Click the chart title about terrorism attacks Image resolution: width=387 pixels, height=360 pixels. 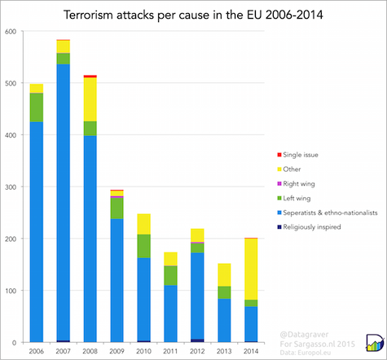(x=193, y=15)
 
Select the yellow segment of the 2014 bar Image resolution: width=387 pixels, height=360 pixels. (x=251, y=269)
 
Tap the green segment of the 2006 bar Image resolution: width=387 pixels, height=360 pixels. (x=37, y=108)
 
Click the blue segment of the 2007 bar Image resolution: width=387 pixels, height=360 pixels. (x=63, y=202)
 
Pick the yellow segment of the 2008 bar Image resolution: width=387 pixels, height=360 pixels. (x=90, y=99)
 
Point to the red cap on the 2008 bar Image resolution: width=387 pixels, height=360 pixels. (x=90, y=77)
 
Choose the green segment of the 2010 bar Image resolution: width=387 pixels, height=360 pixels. (x=143, y=246)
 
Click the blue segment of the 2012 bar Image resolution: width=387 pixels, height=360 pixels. (x=197, y=296)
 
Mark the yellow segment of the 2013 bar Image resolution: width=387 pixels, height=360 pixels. (x=224, y=274)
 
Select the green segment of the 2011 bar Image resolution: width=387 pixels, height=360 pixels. (x=170, y=275)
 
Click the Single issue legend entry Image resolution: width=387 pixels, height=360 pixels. (x=297, y=155)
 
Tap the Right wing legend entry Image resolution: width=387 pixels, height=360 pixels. (x=296, y=184)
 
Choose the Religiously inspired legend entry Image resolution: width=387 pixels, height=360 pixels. (x=309, y=227)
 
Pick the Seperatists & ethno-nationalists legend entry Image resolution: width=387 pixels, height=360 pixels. (x=328, y=213)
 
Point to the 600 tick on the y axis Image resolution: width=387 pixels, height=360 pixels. (x=11, y=32)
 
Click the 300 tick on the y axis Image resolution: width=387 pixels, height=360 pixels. (x=11, y=187)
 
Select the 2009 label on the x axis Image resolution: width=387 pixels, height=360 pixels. (x=117, y=351)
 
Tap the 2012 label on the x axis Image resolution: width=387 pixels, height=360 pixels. (x=197, y=351)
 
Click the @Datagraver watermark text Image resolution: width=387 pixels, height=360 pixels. (x=304, y=335)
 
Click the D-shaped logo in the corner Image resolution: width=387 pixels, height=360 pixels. (x=375, y=342)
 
